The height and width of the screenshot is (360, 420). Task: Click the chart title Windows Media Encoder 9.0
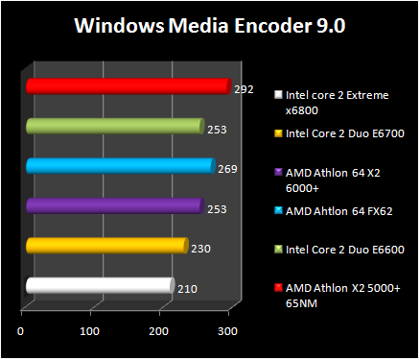(209, 26)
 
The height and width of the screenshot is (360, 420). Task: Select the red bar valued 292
(128, 86)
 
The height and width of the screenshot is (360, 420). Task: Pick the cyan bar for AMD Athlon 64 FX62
(120, 166)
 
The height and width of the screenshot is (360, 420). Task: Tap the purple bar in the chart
(115, 205)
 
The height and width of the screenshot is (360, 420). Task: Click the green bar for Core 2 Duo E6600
(115, 126)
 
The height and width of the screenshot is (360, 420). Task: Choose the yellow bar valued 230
(106, 246)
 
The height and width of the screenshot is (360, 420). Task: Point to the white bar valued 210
(100, 285)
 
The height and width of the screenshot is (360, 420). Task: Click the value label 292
(244, 89)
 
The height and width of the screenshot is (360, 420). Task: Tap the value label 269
(227, 169)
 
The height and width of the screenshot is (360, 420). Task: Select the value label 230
(200, 249)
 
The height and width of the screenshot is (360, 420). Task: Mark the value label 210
(187, 287)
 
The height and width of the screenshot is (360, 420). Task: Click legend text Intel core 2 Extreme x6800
(337, 102)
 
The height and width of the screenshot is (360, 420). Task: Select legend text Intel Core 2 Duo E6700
(343, 133)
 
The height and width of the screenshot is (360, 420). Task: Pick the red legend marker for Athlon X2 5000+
(278, 288)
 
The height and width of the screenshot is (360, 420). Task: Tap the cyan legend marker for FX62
(278, 210)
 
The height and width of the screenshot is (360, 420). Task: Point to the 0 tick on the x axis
(21, 331)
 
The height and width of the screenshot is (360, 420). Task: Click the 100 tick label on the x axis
(89, 331)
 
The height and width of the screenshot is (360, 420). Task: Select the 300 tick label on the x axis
(226, 331)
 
